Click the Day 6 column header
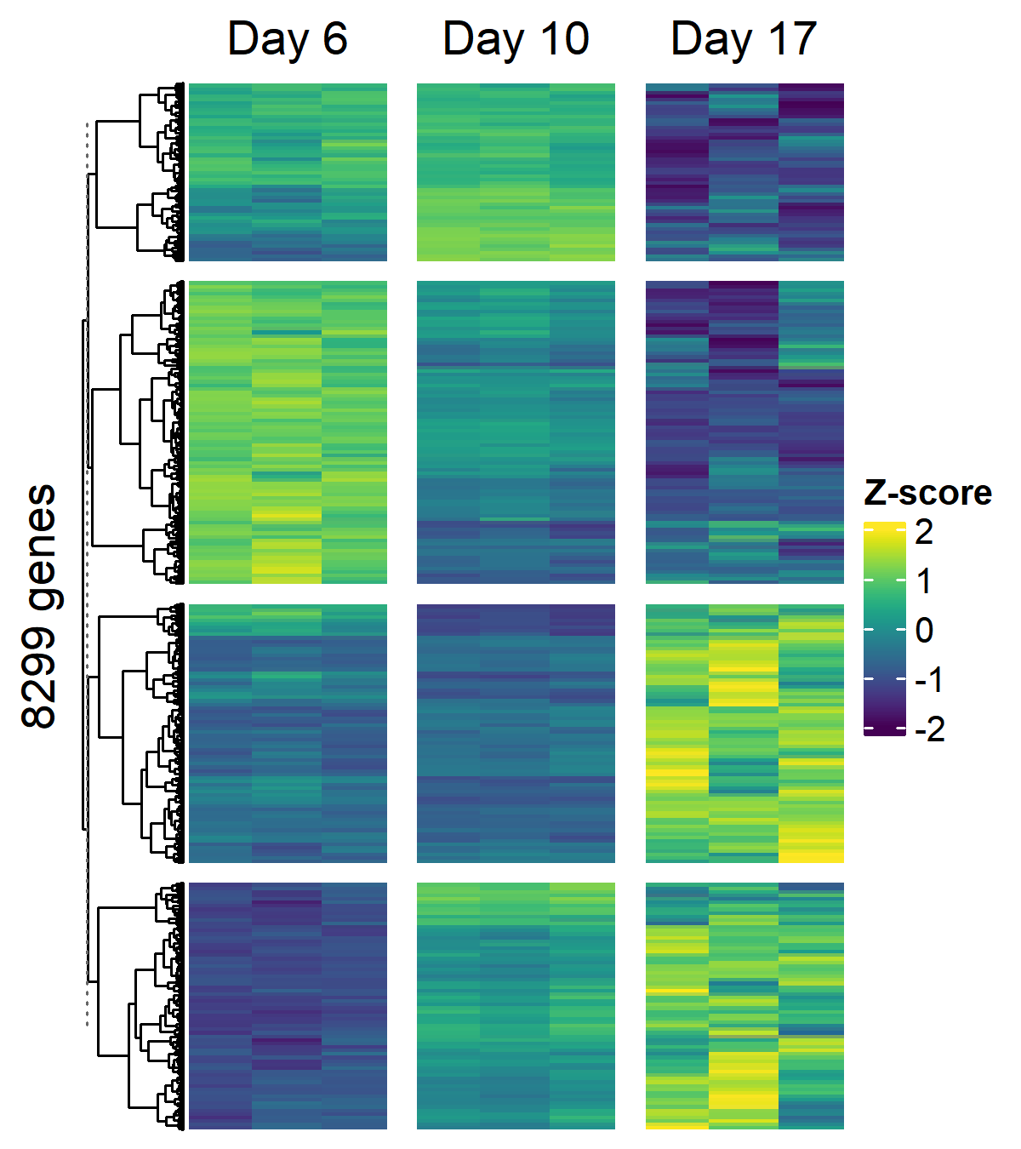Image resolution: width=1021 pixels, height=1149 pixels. [288, 39]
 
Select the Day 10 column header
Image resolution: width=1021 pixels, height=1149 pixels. [516, 39]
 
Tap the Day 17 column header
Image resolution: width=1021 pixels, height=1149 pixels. [744, 39]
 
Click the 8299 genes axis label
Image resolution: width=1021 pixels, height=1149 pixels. [39, 606]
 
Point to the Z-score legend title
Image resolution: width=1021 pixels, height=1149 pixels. [927, 493]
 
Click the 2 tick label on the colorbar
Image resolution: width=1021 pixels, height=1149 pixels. [924, 532]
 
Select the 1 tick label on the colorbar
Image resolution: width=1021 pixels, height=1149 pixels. [924, 581]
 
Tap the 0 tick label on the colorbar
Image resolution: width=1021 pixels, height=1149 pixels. [924, 631]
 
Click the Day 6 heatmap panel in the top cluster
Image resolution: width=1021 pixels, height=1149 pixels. [288, 172]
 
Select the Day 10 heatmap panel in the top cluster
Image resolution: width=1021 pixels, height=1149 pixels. [516, 172]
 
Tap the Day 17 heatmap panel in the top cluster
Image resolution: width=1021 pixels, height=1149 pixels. [744, 172]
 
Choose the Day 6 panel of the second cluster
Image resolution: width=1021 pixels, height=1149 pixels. [288, 432]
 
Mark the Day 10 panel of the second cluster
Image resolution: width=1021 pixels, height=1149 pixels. [516, 432]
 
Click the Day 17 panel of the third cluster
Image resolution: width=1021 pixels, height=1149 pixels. [744, 734]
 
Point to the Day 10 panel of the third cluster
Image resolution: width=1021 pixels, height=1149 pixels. [516, 734]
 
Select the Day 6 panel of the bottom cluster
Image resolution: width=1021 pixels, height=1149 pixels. [288, 1006]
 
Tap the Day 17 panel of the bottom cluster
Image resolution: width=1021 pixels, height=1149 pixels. [744, 1006]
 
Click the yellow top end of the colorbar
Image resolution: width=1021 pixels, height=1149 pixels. [885, 528]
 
